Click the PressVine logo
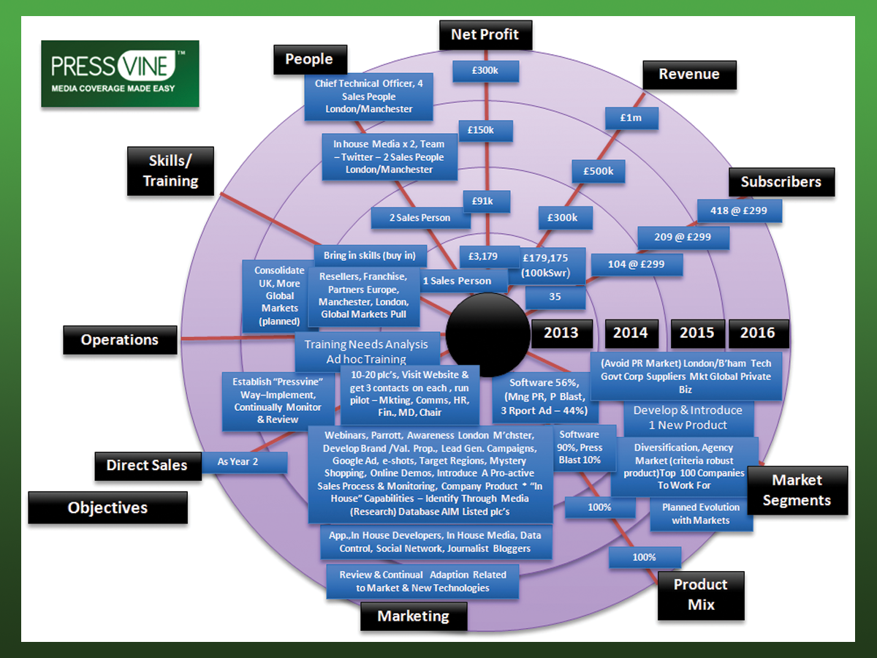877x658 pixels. pos(120,74)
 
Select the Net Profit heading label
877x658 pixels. pos(485,34)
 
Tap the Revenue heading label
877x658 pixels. pos(688,74)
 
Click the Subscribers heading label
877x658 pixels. pos(781,182)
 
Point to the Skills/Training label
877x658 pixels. pos(171,170)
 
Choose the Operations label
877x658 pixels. pos(120,340)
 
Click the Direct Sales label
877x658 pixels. pos(147,465)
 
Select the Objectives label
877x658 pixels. pos(107,507)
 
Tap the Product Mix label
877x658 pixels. pos(701,594)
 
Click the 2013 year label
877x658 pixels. pos(561,333)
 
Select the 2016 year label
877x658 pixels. pos(757,333)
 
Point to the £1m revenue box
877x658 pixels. pos(631,117)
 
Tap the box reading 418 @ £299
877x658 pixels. pos(740,211)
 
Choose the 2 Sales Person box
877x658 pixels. pos(419,218)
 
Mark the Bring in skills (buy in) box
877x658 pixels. pos(370,256)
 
